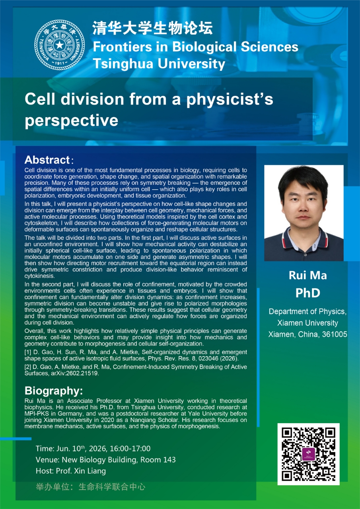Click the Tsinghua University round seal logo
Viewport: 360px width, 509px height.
pyautogui.click(x=60, y=45)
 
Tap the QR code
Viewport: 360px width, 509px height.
pyautogui.click(x=308, y=454)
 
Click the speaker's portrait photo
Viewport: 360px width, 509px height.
pyautogui.click(x=304, y=213)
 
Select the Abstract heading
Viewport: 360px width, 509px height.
pyautogui.click(x=47, y=160)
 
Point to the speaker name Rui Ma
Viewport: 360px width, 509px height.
pyautogui.click(x=308, y=276)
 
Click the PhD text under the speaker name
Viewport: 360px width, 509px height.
pyautogui.click(x=308, y=293)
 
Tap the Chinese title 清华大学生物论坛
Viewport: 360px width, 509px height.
pyautogui.click(x=152, y=28)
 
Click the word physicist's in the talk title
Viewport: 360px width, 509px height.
pyautogui.click(x=230, y=100)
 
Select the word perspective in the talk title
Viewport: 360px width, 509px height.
pyautogui.click(x=71, y=120)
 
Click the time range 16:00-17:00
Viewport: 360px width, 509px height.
pyautogui.click(x=130, y=449)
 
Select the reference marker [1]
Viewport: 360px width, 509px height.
pyautogui.click(x=28, y=352)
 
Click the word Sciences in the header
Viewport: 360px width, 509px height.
pyautogui.click(x=269, y=47)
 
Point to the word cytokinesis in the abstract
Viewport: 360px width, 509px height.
pyautogui.click(x=39, y=276)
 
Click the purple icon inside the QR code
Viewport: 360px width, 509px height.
pyautogui.click(x=308, y=454)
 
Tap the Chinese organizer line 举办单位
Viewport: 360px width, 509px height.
pyautogui.click(x=90, y=487)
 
